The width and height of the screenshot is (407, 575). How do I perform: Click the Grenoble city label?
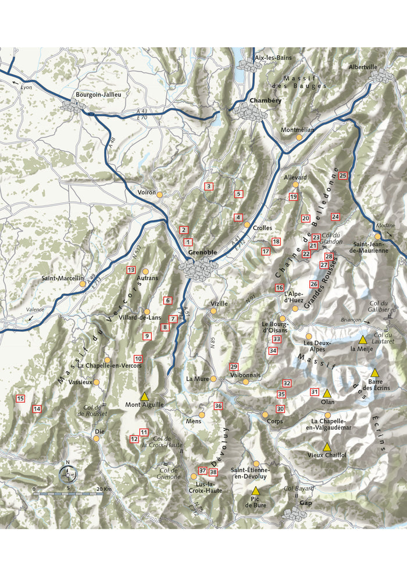pos(202,253)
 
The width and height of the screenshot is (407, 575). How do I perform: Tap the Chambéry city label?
pos(265,101)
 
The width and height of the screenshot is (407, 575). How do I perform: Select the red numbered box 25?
pos(342,176)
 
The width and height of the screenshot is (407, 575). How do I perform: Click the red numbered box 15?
pos(20,399)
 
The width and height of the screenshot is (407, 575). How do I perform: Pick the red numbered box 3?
pos(209,186)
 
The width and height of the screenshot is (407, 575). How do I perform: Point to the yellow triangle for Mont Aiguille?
pos(145,395)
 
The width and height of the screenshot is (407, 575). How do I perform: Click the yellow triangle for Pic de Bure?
pos(255,491)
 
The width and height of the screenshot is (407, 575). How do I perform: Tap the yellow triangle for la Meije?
pos(363,339)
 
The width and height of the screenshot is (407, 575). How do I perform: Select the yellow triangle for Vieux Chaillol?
pos(327,446)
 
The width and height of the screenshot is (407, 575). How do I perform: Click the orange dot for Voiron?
pos(160,194)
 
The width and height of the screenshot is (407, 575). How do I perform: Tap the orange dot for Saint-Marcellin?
pos(83,283)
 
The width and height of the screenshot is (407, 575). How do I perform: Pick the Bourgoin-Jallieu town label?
pos(98,94)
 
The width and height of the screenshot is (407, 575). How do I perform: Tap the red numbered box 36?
pos(218,406)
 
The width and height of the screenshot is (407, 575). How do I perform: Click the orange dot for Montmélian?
pos(299,137)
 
